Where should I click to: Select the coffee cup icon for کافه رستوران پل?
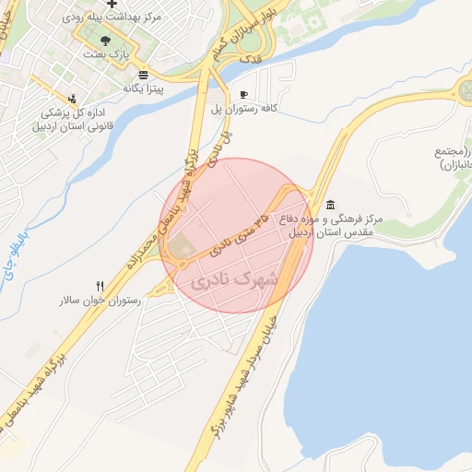[243, 95]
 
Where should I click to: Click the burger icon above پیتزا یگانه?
[143, 75]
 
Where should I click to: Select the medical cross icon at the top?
[112, 5]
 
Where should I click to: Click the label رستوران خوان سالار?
[100, 301]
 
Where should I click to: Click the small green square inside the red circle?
[181, 247]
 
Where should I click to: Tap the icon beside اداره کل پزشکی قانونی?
[73, 98]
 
